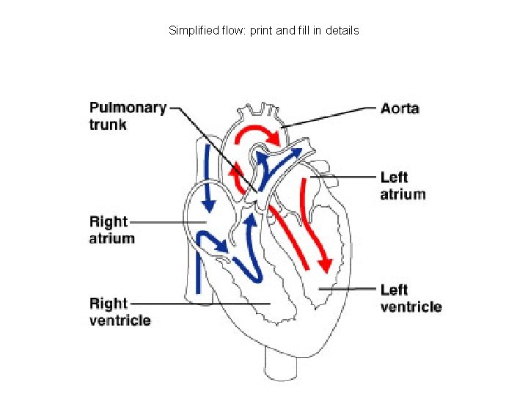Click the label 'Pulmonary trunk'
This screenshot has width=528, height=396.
pyautogui.click(x=128, y=116)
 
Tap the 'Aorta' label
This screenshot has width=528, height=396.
pyautogui.click(x=400, y=109)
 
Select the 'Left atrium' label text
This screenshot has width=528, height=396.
pyautogui.click(x=403, y=186)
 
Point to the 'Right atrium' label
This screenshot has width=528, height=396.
pyautogui.click(x=112, y=230)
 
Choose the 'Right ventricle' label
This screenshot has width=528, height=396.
pyautogui.click(x=120, y=312)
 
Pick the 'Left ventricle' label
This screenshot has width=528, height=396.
pyautogui.click(x=411, y=298)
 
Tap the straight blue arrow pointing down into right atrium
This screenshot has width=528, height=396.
pyautogui.click(x=208, y=176)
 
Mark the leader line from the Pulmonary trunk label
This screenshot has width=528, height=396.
pyautogui.click(x=213, y=147)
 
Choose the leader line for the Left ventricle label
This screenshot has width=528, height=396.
pyautogui.click(x=348, y=289)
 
